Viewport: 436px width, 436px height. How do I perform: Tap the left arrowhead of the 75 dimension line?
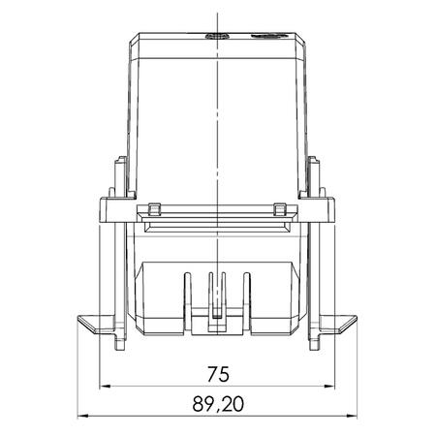pos(107,386)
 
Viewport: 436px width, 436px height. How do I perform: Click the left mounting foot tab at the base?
pos(92,325)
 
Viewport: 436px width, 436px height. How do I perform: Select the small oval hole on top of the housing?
pos(216,37)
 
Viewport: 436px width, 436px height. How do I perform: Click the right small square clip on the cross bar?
pos(280,209)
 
